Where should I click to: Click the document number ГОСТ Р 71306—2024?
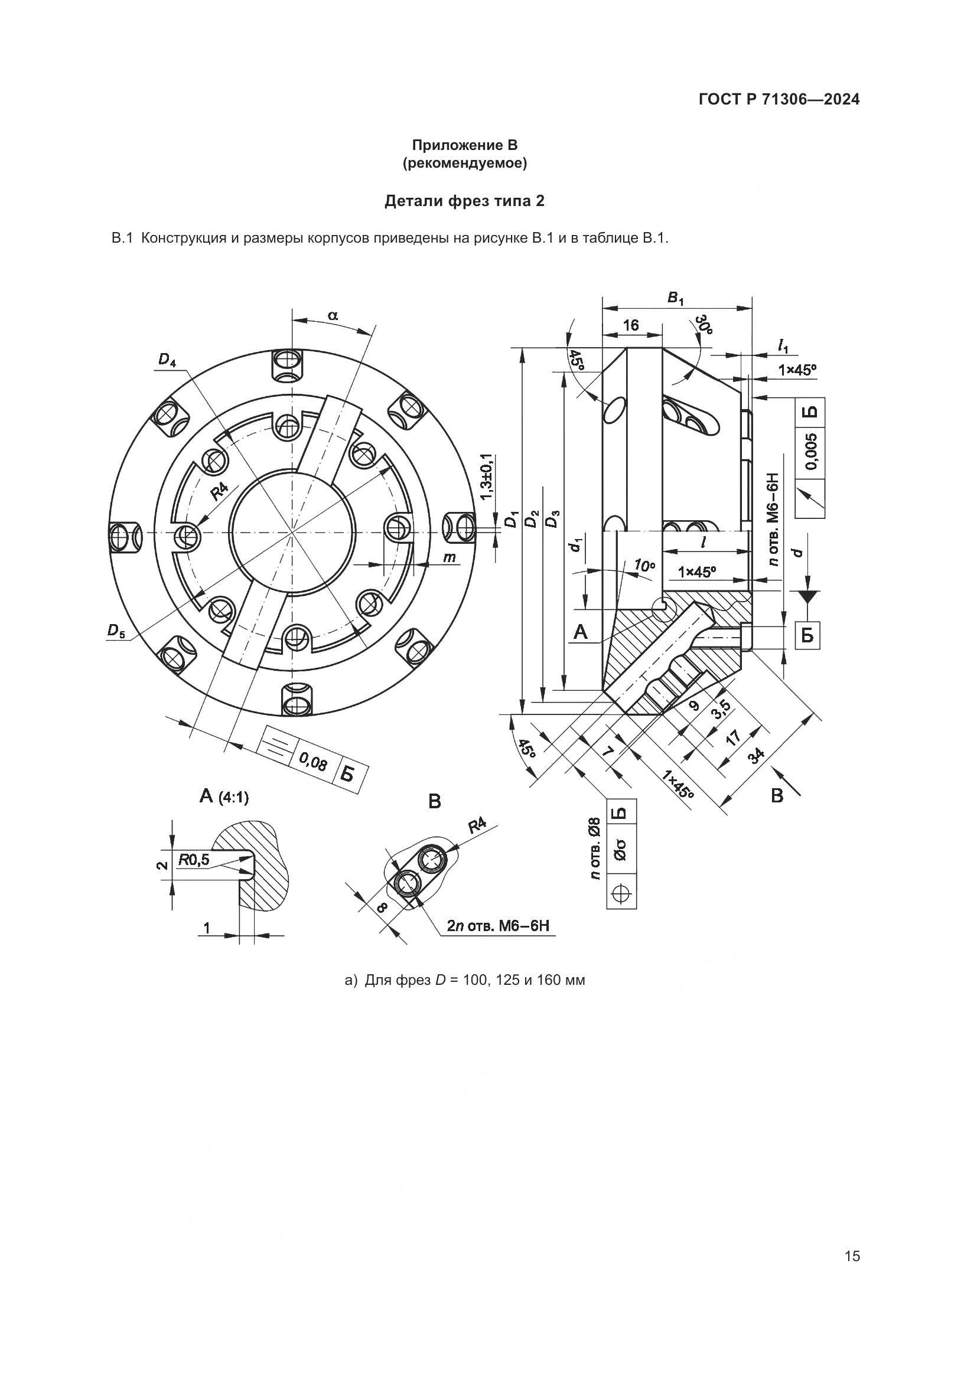pyautogui.click(x=779, y=100)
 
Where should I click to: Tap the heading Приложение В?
pyautogui.click(x=464, y=145)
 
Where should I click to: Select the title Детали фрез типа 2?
pyautogui.click(x=464, y=201)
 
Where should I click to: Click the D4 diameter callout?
pyautogui.click(x=167, y=360)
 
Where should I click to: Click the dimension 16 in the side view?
pyautogui.click(x=630, y=325)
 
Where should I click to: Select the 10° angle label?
pyautogui.click(x=644, y=566)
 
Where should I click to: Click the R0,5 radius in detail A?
pyautogui.click(x=194, y=861)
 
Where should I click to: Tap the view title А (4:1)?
pyautogui.click(x=224, y=797)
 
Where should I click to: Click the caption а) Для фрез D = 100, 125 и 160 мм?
pyautogui.click(x=464, y=980)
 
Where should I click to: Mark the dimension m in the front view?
pyautogui.click(x=449, y=557)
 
